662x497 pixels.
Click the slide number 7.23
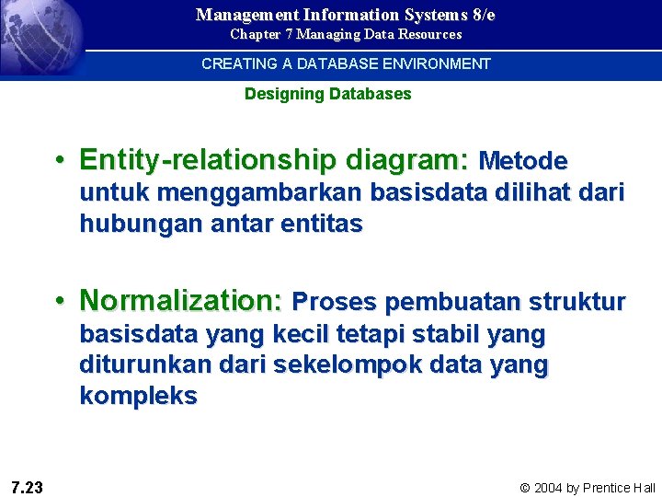click(27, 487)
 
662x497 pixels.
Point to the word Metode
click(523, 161)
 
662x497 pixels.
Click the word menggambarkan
click(264, 192)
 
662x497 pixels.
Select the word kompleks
click(138, 396)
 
